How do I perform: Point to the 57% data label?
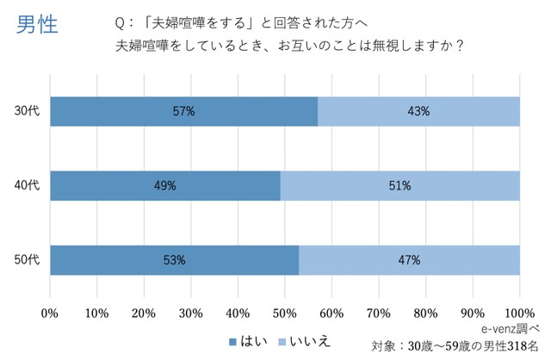point(183,111)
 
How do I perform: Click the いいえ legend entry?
point(306,342)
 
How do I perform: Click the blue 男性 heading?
point(37,24)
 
